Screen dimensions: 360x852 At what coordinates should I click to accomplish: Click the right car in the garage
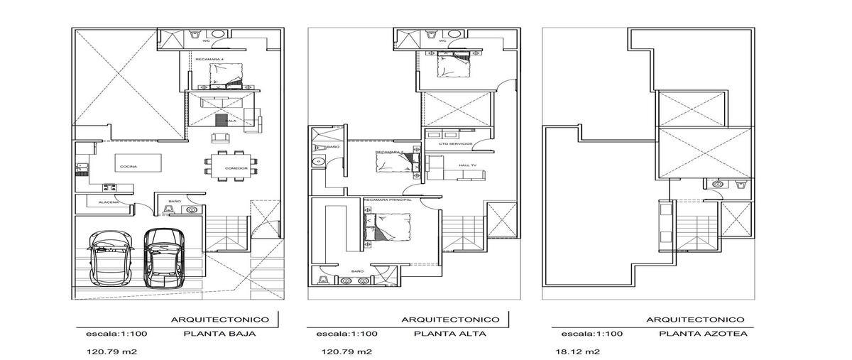162,258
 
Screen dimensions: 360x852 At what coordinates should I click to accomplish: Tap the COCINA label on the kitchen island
129,166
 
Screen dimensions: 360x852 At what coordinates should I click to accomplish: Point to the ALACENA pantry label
98,202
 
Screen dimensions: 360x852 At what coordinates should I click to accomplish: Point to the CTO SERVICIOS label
455,144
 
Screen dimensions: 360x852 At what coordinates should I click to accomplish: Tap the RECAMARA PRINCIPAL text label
387,200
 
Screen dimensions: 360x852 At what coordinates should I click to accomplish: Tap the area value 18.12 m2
572,351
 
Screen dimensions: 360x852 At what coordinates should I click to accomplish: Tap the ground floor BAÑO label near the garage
174,201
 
